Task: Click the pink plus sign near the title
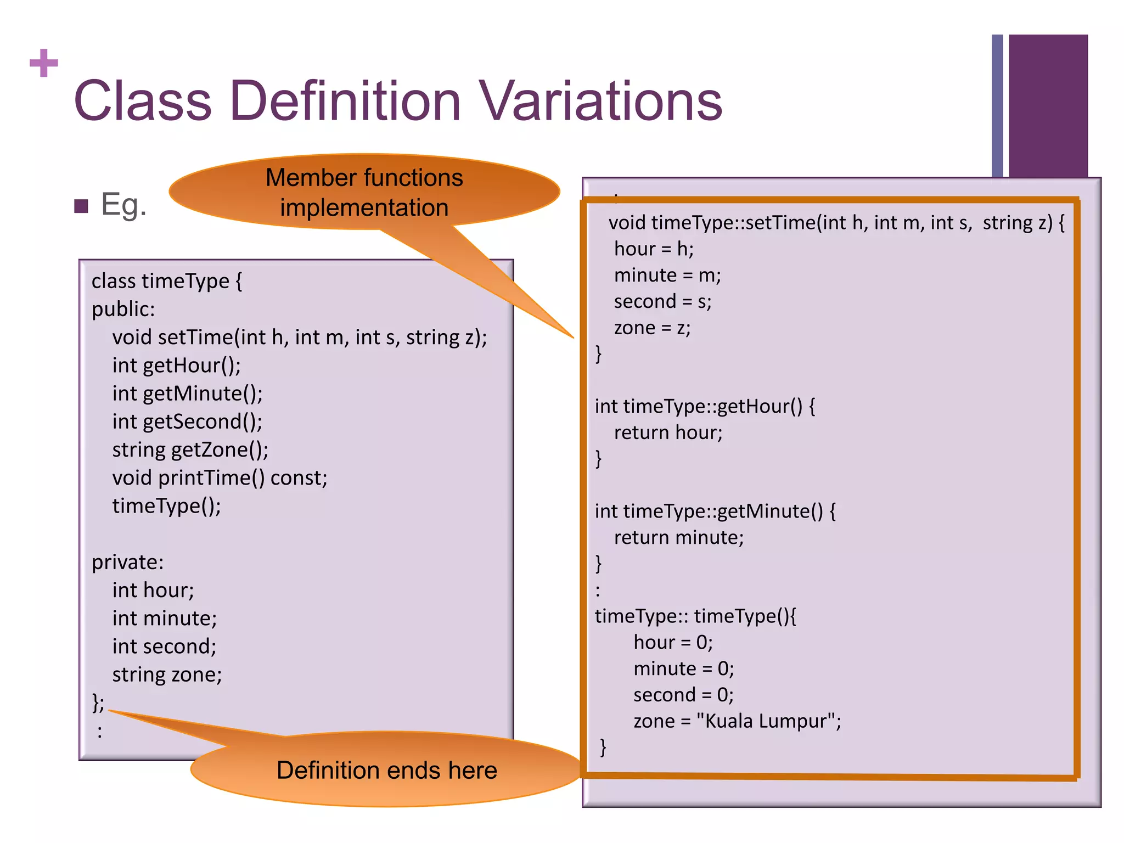44,63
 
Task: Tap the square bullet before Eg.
81,206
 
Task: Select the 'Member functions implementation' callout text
364,193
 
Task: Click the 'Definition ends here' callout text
386,770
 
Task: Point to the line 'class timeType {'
166,281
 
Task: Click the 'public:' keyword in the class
123,309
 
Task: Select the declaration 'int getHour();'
176,366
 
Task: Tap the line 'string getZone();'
190,449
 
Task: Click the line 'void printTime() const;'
220,478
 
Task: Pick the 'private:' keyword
127,562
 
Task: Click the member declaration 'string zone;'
167,675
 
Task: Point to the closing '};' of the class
98,702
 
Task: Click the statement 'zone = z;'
652,328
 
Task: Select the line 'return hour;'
668,432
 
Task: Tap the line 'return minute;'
678,537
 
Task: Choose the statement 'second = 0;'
683,695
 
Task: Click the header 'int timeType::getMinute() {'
715,511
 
